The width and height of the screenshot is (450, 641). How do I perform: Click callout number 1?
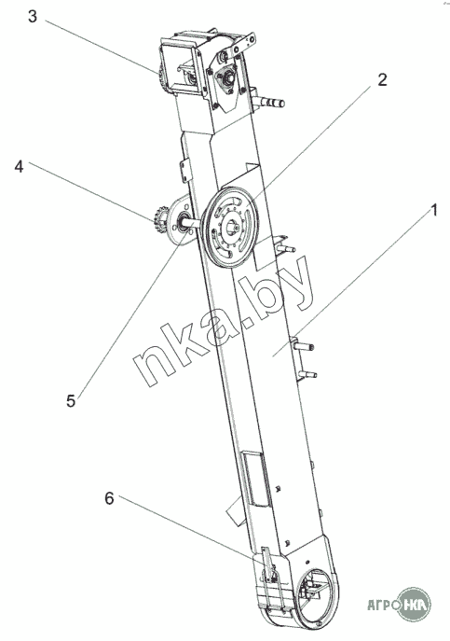click(x=433, y=210)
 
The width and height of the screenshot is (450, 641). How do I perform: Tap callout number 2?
click(x=382, y=79)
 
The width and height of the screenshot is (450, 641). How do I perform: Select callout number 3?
click(x=33, y=17)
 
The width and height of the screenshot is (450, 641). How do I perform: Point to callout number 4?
click(x=20, y=166)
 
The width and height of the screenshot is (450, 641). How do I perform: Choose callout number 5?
click(x=71, y=401)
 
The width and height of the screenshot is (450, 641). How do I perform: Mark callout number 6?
click(x=109, y=498)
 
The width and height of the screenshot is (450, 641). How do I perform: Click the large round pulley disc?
click(x=230, y=228)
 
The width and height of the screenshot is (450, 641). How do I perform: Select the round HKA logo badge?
click(x=414, y=604)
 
